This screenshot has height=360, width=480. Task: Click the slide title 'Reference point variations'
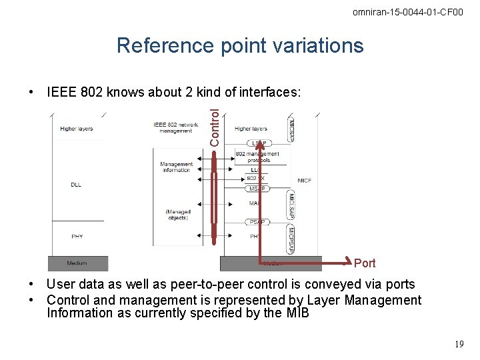(240, 45)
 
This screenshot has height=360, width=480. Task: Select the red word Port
(365, 263)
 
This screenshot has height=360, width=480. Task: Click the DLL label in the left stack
(75, 185)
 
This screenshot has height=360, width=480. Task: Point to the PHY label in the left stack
(77, 236)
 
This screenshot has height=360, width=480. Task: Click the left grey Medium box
(77, 263)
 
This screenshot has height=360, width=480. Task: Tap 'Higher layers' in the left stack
(77, 129)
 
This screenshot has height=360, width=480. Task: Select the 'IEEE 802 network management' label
(176, 127)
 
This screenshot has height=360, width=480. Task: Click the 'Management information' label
(176, 167)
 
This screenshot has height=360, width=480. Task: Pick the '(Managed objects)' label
(178, 215)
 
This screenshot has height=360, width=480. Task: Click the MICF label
(305, 181)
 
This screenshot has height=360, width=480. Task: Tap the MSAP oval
(257, 189)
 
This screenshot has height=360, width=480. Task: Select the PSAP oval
(257, 222)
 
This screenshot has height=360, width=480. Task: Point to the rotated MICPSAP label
(291, 239)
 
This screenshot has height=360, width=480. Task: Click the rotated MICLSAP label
(291, 205)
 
